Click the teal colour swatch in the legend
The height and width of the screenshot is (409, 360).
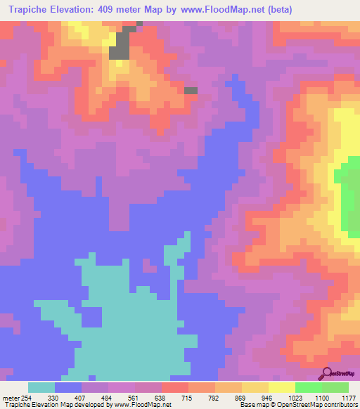41,387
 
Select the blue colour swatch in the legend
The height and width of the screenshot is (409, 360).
68,387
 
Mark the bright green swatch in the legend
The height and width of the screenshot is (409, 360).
308,387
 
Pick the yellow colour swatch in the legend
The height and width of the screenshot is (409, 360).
281,387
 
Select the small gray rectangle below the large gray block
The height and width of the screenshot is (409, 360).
191,90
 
